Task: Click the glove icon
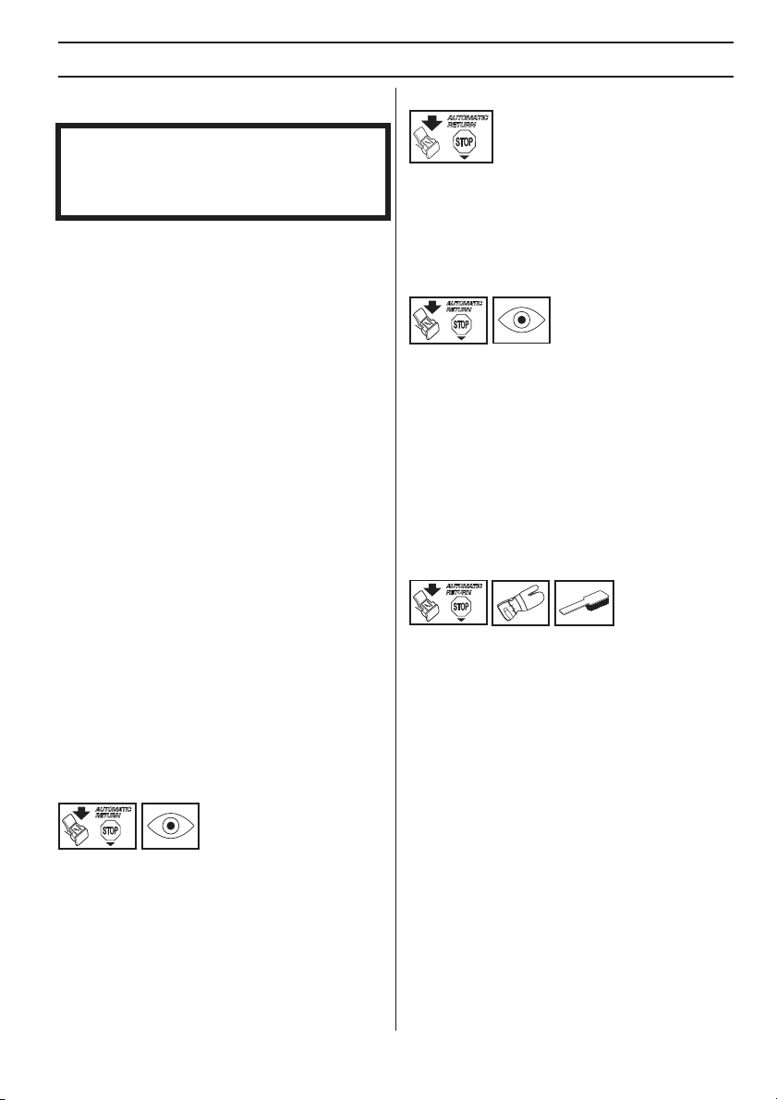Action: tap(520, 602)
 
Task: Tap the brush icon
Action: tap(584, 602)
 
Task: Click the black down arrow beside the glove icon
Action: tap(432, 588)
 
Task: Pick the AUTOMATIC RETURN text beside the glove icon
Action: tap(464, 588)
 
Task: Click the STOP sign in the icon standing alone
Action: tap(464, 144)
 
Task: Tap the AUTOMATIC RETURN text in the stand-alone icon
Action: tap(467, 121)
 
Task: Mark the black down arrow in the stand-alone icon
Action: tap(434, 122)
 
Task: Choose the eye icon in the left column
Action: tap(171, 827)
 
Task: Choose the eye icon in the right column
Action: tap(521, 320)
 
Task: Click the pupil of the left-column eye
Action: tap(171, 827)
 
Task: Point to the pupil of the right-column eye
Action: tap(521, 320)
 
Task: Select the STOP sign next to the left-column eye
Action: tap(110, 831)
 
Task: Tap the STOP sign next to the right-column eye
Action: tap(461, 325)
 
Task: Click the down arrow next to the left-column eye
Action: tap(81, 813)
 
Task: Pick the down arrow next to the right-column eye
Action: tap(432, 307)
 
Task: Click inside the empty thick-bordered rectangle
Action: tap(224, 172)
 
